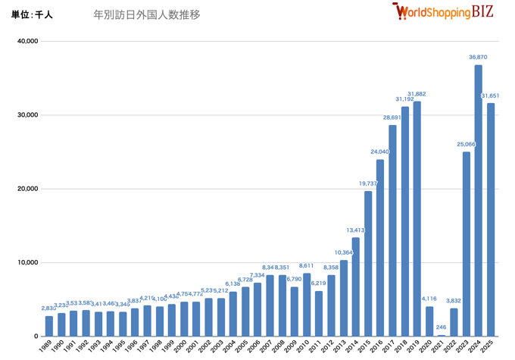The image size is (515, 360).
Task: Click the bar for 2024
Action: coord(479,201)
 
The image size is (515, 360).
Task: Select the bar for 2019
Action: coord(417,219)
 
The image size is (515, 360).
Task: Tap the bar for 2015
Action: coord(368,264)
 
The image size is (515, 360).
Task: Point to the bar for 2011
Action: coord(319,314)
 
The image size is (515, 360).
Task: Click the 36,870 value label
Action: coord(478,57)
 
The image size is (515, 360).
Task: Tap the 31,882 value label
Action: coord(417,94)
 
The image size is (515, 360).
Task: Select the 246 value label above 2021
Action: coord(442,327)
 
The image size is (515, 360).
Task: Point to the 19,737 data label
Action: coord(367,183)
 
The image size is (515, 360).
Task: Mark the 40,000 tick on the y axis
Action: coord(27,41)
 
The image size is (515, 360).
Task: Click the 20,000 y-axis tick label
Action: coord(27,189)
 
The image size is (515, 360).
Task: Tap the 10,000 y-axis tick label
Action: coord(27,263)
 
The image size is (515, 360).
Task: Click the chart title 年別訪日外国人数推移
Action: coord(147,14)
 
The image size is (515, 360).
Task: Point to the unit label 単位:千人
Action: coord(32,14)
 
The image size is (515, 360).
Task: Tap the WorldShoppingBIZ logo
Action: coord(442,11)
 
